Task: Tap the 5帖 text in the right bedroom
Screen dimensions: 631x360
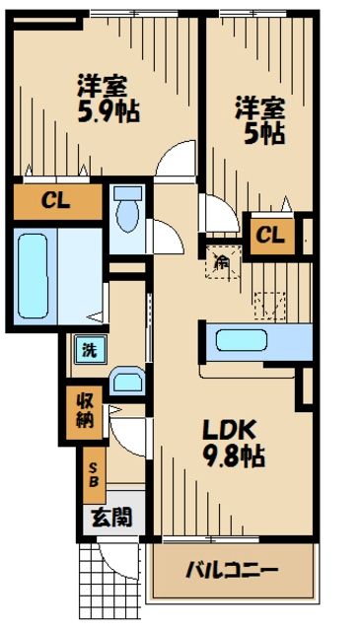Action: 259,132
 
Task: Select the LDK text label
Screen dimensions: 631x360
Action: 230,431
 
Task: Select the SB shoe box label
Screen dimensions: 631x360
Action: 94,475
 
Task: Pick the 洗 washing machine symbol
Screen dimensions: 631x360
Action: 87,348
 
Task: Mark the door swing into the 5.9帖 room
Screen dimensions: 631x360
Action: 179,159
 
